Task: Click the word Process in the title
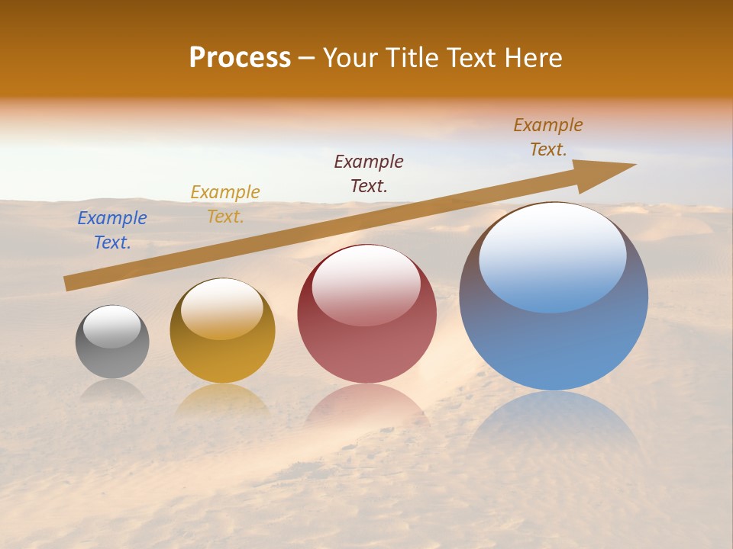240,58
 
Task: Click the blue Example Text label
112,230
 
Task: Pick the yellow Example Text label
225,204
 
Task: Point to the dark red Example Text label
369,174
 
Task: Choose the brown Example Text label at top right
548,137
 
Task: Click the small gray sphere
112,358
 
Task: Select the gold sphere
222,358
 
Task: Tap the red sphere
367,351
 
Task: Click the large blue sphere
554,343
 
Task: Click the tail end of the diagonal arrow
70,283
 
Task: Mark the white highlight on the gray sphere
112,326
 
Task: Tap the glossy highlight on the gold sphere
222,308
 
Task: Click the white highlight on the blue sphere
553,255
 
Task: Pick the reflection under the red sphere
367,404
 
